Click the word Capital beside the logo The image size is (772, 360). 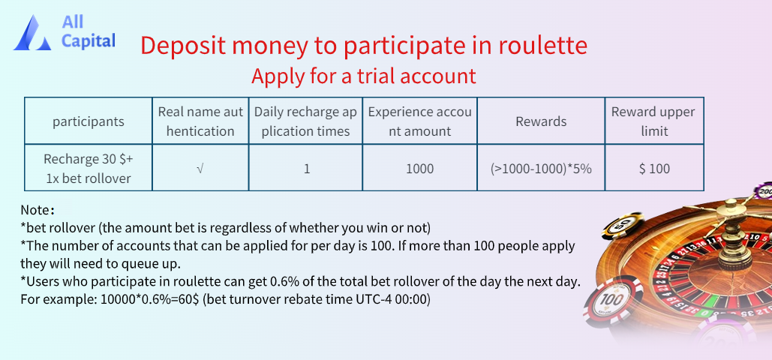[89, 40]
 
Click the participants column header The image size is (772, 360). [89, 121]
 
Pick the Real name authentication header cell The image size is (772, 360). [200, 121]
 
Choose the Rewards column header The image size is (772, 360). [541, 121]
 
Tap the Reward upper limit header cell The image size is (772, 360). [654, 121]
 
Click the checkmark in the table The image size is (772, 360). [200, 169]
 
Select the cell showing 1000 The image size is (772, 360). [420, 168]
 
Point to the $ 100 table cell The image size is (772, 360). [654, 168]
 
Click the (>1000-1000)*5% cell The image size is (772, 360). [541, 168]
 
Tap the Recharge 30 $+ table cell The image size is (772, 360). [89, 168]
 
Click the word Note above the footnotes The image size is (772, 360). [35, 210]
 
